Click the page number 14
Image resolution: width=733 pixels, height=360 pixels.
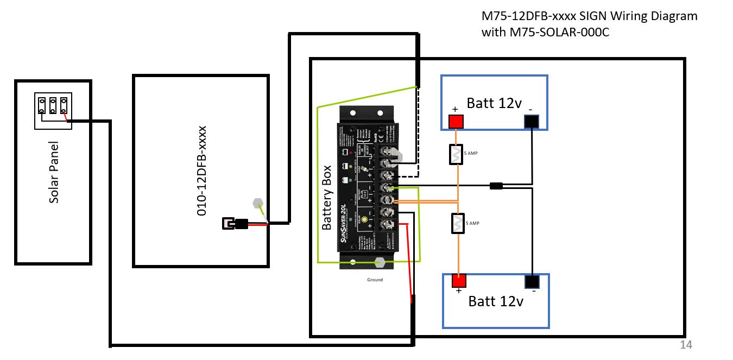coord(686,345)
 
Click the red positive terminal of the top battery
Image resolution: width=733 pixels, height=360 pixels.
coord(456,122)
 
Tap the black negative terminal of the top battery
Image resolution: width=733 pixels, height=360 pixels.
coord(531,122)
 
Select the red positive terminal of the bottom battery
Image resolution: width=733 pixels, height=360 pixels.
coord(459,281)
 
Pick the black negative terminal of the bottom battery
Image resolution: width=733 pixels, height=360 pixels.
coord(532,281)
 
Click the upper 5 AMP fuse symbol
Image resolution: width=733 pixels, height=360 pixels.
coord(456,155)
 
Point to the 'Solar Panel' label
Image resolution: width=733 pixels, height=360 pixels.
coord(54,173)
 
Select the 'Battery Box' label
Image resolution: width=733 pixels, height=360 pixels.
coord(326,198)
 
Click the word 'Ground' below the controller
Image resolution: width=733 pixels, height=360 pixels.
coord(375,280)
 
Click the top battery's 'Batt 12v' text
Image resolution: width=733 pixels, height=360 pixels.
coord(494,103)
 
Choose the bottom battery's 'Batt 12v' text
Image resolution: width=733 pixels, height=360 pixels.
coord(496,301)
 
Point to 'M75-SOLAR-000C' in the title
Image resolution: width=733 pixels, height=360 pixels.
coord(546,33)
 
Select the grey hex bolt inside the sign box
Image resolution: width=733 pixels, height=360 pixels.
coord(258,205)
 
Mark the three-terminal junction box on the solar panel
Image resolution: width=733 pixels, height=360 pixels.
coord(53,111)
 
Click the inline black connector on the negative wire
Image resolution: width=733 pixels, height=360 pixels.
coord(496,186)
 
